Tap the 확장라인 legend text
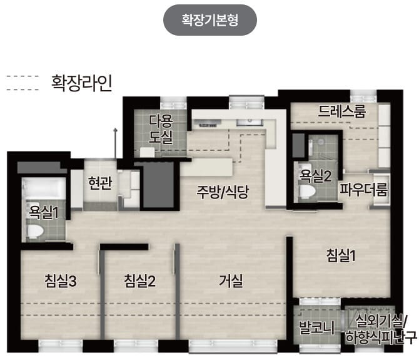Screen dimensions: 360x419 (x=82, y=84)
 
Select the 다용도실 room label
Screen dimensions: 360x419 (x=161, y=129)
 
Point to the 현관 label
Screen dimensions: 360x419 (x=100, y=183)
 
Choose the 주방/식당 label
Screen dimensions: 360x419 (x=223, y=192)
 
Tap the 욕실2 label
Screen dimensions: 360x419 (x=315, y=175)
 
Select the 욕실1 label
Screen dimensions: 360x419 (x=43, y=212)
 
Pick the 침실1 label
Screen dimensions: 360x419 (x=341, y=255)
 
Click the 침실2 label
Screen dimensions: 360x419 (x=139, y=280)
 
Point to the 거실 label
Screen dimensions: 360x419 (x=231, y=280)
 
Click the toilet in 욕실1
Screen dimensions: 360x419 (x=36, y=232)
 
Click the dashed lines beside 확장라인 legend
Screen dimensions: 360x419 (x=22, y=84)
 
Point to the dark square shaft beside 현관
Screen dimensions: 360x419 (x=156, y=185)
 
